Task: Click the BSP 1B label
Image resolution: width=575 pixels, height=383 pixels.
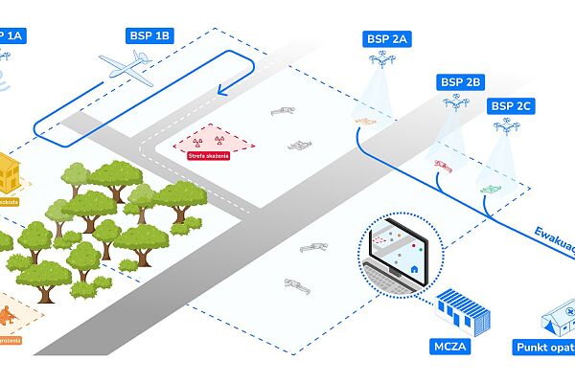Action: coord(149,35)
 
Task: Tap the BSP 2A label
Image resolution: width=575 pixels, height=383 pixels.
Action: coord(387,39)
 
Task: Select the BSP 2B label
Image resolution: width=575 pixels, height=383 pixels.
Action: coord(459,81)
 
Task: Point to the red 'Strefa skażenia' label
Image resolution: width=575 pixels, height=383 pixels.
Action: coord(209,156)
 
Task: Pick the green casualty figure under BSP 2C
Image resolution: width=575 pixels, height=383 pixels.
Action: coord(491,190)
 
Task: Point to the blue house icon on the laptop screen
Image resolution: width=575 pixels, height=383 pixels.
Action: coord(414,269)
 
